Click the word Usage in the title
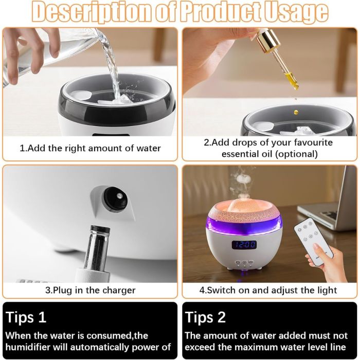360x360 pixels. pos(296,11)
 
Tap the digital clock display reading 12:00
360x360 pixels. pos(244,244)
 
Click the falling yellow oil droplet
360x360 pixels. pos(296,112)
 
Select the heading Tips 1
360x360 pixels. pos(26,317)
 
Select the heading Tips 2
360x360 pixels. pos(205,317)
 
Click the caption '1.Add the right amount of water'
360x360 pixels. pos(90,148)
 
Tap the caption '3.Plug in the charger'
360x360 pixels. pos(90,290)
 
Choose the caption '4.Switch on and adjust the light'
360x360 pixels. pos(268,290)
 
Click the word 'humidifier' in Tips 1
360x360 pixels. pos(28,347)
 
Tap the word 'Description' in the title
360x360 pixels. pos(92,12)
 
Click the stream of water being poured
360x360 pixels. pos(111,64)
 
